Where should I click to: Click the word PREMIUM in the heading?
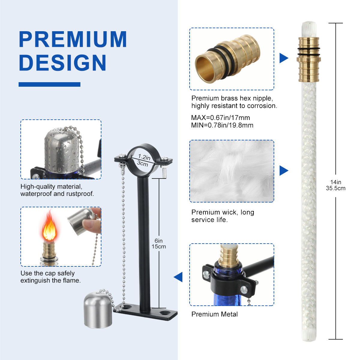coord(73,39)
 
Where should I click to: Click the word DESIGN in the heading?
coord(63,63)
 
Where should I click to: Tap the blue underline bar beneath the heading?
coord(49,84)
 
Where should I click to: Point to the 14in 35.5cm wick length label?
coord(335,185)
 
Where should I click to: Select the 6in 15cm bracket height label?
coord(159,244)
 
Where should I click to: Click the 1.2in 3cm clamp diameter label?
coord(143,160)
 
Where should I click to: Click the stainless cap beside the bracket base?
coord(98,311)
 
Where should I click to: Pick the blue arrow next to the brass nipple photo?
coord(284,58)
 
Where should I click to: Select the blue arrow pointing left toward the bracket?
coord(178,277)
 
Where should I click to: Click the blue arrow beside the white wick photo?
coord(284,170)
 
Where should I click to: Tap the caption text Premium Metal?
coord(214,314)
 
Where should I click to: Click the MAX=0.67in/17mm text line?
coord(220,118)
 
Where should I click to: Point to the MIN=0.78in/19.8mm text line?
coord(222,125)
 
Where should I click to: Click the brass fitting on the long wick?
coord(309,60)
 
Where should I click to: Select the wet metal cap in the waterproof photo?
coord(62,151)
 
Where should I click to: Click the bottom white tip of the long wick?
coord(309,335)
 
